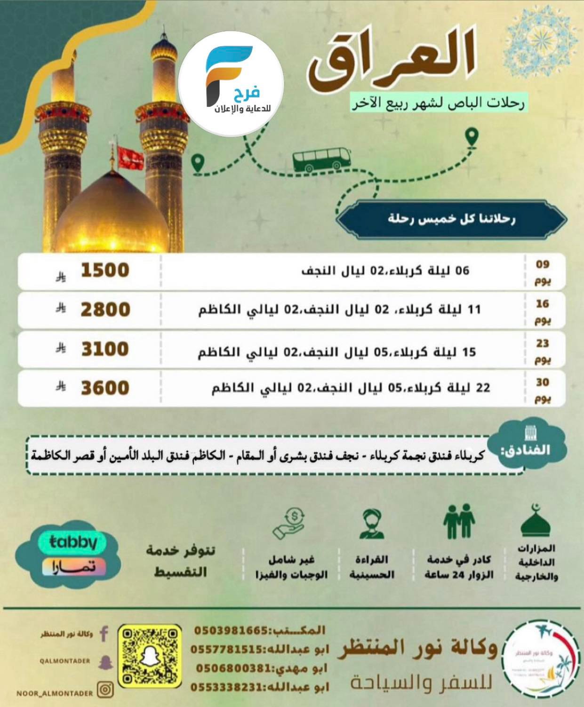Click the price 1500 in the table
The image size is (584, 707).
[105, 270]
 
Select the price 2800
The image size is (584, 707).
[105, 310]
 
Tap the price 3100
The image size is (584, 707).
[105, 350]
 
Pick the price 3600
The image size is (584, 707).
[105, 388]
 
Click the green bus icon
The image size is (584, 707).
[322, 159]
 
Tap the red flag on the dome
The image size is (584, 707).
[130, 158]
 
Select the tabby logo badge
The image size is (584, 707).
[73, 542]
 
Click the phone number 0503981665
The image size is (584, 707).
[231, 630]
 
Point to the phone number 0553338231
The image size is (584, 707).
[226, 687]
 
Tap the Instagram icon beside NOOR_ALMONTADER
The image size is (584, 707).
[105, 690]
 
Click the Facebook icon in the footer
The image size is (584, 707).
[104, 634]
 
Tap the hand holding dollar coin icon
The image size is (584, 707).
[288, 522]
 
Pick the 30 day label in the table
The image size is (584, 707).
[543, 389]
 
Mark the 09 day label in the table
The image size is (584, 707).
[543, 271]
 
